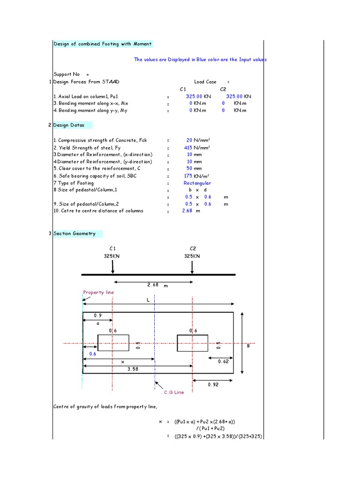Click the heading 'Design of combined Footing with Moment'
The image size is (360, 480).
pos(103,44)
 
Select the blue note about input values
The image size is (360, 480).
pos(200,60)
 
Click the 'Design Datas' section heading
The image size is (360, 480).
pos(69,125)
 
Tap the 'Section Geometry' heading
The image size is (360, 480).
pos(75,233)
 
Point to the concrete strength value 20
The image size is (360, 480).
pos(189,140)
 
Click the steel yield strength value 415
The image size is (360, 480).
pos(188,147)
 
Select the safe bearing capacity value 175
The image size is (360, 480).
pos(188,176)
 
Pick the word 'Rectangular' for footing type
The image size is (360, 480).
pos(197,183)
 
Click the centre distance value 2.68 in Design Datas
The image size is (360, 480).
pos(188,211)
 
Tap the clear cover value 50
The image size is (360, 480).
pos(189,169)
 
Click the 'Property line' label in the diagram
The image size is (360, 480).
pos(98,292)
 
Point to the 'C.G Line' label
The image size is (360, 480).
pos(173,392)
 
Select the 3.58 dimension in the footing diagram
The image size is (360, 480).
pos(133,369)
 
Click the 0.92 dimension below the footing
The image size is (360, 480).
pos(213,384)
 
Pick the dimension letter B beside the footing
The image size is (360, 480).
pos(248,346)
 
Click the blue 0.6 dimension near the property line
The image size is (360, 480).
pos(92,354)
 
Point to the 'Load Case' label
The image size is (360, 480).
pos(205,82)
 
